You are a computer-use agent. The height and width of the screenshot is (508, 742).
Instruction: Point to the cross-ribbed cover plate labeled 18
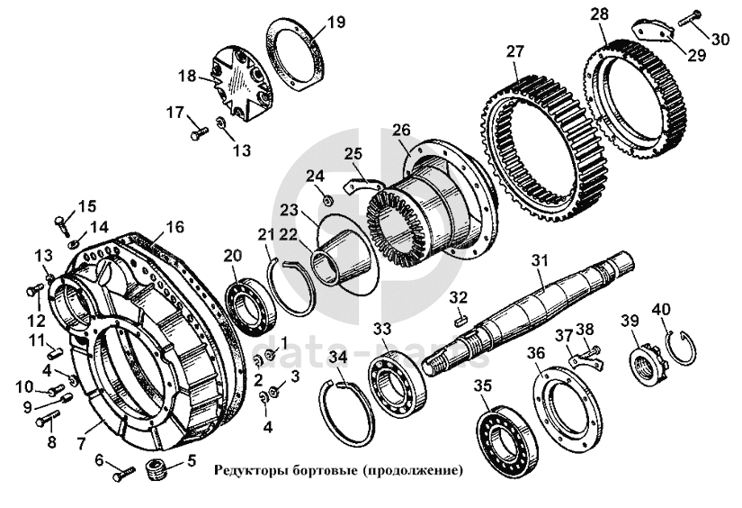coord(243,86)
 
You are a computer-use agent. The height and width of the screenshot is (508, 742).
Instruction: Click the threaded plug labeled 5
coord(157,469)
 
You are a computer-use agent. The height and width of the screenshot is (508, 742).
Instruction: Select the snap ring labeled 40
coord(680,348)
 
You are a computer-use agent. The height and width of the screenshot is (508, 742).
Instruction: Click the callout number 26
coord(401,130)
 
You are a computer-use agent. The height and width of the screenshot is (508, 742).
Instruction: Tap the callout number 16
coord(174,227)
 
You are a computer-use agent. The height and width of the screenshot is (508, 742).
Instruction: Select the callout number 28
coord(599,14)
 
